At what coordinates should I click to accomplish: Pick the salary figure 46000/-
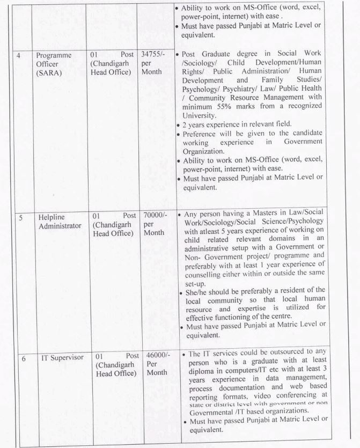153,355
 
